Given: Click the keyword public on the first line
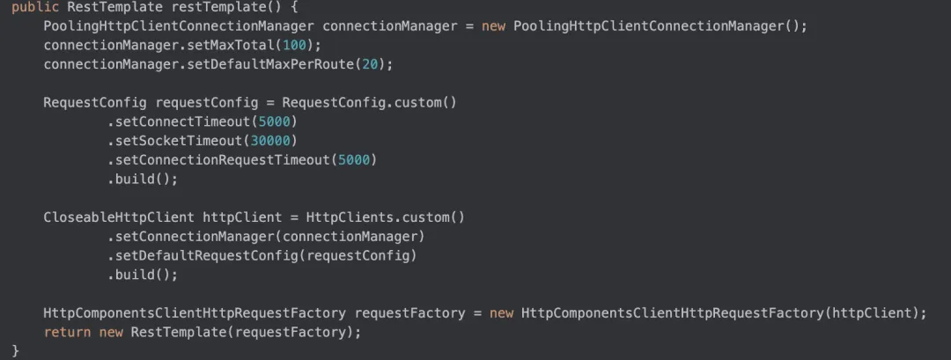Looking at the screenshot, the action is click(x=35, y=8).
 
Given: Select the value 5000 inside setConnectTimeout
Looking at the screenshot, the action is click(x=275, y=121).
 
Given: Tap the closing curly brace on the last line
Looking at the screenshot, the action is click(x=16, y=351).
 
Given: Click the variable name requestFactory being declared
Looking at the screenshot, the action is click(x=410, y=313).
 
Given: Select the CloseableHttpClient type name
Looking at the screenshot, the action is click(x=119, y=217).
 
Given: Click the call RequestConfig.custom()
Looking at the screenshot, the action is click(x=369, y=102).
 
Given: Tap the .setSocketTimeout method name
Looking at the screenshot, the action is click(x=175, y=141).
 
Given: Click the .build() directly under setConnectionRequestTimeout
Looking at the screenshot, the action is click(x=143, y=180).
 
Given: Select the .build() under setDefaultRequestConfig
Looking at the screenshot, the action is click(x=143, y=276).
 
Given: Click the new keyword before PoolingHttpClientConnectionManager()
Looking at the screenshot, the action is click(x=494, y=26).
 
